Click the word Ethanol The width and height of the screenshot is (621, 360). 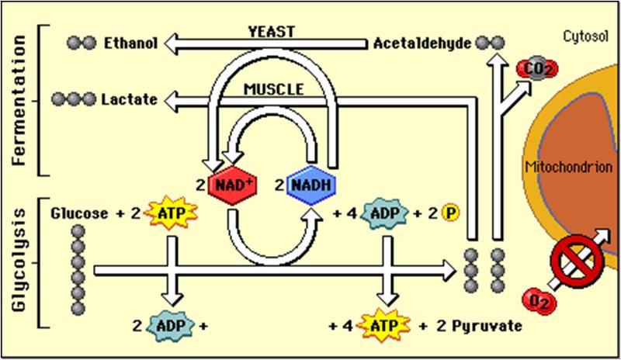[x=131, y=43]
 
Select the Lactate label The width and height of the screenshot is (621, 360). [x=130, y=99]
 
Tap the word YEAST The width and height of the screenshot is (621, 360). [x=272, y=32]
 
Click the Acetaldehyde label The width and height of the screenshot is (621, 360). [x=422, y=43]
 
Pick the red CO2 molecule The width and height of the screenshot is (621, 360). [x=533, y=71]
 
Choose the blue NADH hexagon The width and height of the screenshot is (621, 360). [x=312, y=186]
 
